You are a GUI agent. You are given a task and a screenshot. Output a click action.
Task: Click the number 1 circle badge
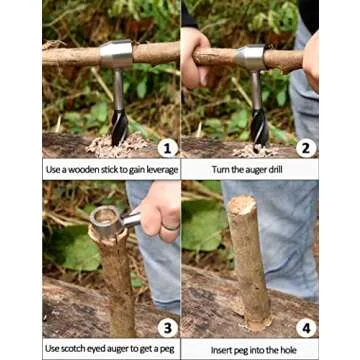167,147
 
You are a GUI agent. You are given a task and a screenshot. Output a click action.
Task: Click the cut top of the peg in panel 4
242,205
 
